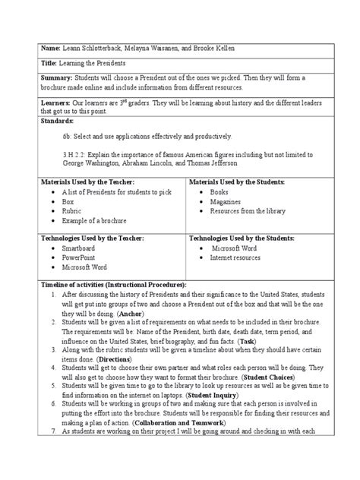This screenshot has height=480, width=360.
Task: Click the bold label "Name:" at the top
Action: tap(35, 47)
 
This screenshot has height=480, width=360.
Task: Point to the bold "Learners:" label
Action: tap(42, 103)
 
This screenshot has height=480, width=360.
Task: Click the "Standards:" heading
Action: tap(44, 121)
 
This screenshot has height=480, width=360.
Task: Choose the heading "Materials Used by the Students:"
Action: tap(236, 183)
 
